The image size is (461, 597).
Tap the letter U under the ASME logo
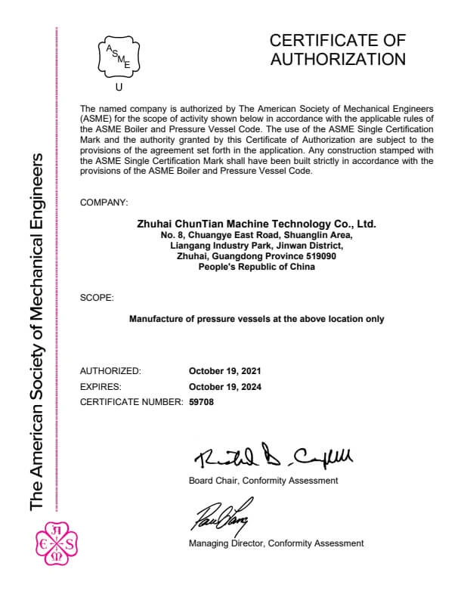click(x=118, y=87)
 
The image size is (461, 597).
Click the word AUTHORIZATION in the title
click(x=337, y=59)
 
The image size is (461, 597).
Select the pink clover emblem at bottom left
click(x=57, y=543)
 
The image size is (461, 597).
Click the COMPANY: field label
click(x=104, y=203)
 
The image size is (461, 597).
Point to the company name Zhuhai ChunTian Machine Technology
click(x=256, y=224)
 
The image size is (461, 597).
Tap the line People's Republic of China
click(x=256, y=267)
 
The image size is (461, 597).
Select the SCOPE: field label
click(x=97, y=298)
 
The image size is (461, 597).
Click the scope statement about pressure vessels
click(x=256, y=319)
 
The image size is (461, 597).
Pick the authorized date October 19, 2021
click(x=225, y=371)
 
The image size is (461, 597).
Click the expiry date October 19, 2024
click(x=225, y=386)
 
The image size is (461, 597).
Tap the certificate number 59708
click(x=201, y=402)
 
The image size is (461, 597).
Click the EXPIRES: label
click(x=101, y=386)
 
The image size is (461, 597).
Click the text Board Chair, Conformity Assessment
click(x=263, y=481)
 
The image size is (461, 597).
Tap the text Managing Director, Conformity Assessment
click(x=276, y=543)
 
